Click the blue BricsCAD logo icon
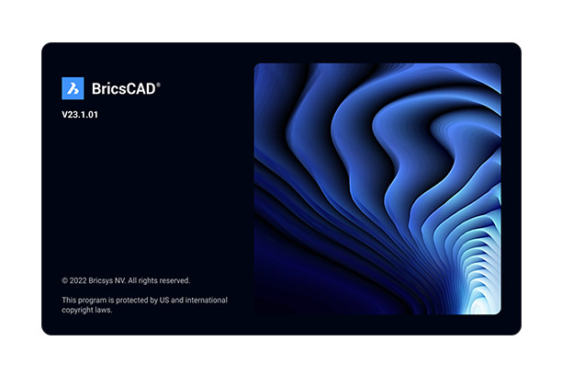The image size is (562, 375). coord(73,88)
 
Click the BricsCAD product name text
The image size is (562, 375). coord(124,89)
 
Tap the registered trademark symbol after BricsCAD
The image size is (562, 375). coord(159,85)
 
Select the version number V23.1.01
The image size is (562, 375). coord(80,115)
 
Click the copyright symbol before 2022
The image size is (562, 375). coord(65,280)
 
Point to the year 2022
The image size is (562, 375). coord(78,280)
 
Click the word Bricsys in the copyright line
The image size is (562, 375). coord(101,281)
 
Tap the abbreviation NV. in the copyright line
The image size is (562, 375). coord(120,280)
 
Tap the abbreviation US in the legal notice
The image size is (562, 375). coord(164,300)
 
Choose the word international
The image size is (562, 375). coord(206,300)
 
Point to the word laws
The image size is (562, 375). coord(104,310)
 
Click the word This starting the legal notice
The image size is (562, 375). coord(69,300)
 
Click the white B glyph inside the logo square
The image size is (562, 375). coord(73,88)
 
